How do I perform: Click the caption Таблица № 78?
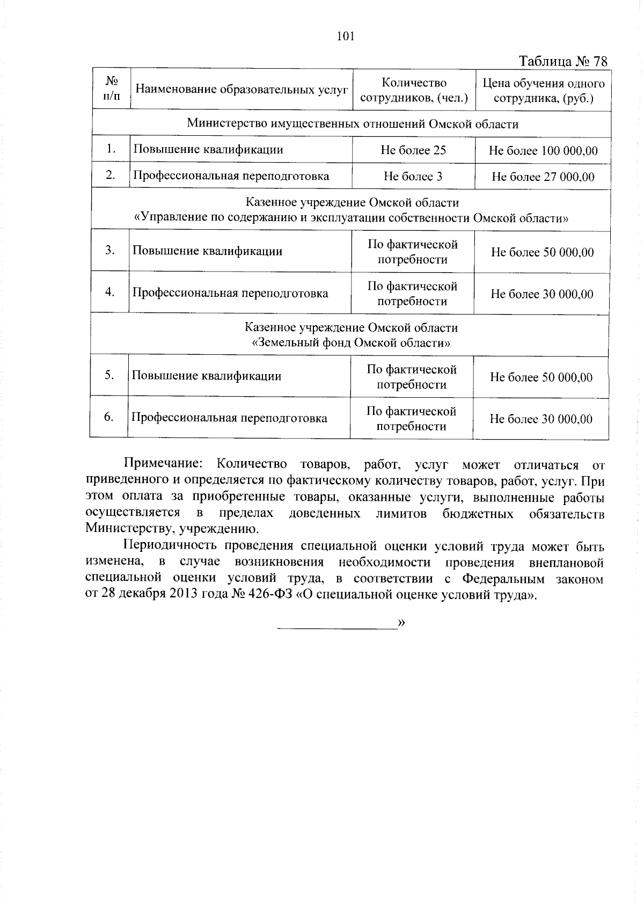click(x=563, y=61)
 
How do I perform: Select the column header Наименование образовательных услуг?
click(x=241, y=89)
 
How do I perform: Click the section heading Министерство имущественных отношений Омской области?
click(x=353, y=124)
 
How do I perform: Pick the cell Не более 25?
click(x=413, y=150)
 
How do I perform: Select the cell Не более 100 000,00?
click(x=543, y=151)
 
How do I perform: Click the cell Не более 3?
click(x=413, y=176)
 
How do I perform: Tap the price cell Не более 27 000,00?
click(x=543, y=177)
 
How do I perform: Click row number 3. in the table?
click(x=110, y=250)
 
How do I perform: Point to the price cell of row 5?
click(x=541, y=377)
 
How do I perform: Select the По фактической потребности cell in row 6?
click(x=411, y=419)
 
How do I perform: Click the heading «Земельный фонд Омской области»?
click(x=351, y=342)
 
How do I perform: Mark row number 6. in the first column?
click(x=109, y=417)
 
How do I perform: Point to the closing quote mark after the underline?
click(x=401, y=623)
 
